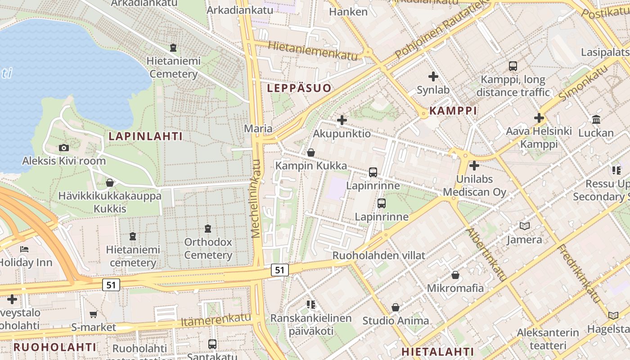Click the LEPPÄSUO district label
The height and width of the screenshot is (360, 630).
pos(299,88)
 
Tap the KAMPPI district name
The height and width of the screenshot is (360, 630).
pos(453,111)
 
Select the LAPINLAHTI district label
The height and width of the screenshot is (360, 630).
pos(145,136)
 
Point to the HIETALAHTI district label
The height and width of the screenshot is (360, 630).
pos(437,351)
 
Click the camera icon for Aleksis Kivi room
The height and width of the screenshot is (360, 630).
pos(64,148)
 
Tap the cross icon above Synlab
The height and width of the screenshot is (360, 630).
pos(433,76)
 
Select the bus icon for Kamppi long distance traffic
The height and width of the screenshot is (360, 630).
pos(513,66)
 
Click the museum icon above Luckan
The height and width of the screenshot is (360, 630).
pos(596,120)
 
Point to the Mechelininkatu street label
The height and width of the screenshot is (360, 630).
pos(256,198)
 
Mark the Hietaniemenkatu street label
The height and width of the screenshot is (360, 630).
pos(313,51)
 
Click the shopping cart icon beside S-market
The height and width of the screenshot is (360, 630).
pos(93,314)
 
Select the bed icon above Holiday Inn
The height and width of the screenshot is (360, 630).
pos(24,249)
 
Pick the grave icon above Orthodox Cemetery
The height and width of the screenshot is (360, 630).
pos(208,229)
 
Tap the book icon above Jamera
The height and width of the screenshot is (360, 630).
pos(525,226)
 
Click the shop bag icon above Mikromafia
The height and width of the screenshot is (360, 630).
pos(455,275)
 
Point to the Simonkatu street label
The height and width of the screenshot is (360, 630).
pos(583,82)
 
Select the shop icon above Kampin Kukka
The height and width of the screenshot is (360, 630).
pos(310,153)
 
